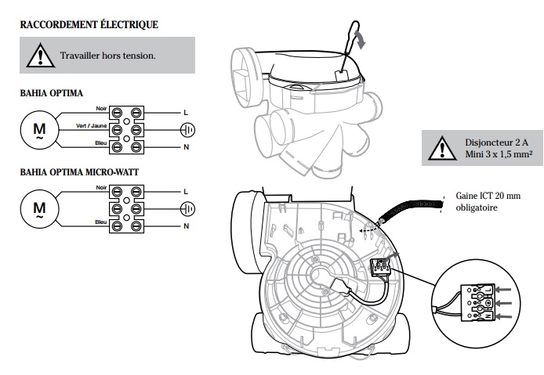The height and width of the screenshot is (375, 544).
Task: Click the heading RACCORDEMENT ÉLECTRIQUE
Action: click(x=89, y=24)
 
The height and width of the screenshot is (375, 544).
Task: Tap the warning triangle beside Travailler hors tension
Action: click(x=41, y=56)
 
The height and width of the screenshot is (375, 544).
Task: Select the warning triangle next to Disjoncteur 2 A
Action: click(x=442, y=148)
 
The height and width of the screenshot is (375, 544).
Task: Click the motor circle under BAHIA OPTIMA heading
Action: click(x=39, y=130)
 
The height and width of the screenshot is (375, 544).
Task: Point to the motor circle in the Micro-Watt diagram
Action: click(x=39, y=209)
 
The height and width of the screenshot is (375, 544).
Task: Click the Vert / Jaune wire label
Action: click(x=92, y=125)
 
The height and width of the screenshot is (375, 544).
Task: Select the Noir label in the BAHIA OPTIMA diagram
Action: click(x=101, y=109)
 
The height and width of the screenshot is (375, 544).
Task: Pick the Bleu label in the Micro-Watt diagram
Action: click(x=101, y=222)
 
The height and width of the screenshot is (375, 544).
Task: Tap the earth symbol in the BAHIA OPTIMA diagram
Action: click(x=187, y=130)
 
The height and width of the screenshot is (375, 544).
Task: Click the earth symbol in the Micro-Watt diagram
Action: click(x=187, y=209)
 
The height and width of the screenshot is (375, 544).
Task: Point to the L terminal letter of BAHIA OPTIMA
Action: click(x=186, y=113)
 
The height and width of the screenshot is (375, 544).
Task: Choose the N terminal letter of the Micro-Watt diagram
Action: click(x=187, y=226)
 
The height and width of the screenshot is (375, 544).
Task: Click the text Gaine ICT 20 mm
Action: click(x=488, y=196)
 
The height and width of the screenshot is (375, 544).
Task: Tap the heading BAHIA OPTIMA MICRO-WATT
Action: click(x=79, y=172)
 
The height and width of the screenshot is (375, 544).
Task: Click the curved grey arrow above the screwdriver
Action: click(x=361, y=39)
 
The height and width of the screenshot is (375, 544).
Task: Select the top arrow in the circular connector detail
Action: click(x=502, y=290)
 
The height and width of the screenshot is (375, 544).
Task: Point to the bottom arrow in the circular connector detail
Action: click(x=503, y=316)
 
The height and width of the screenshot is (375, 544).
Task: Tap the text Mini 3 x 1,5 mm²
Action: click(x=499, y=154)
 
